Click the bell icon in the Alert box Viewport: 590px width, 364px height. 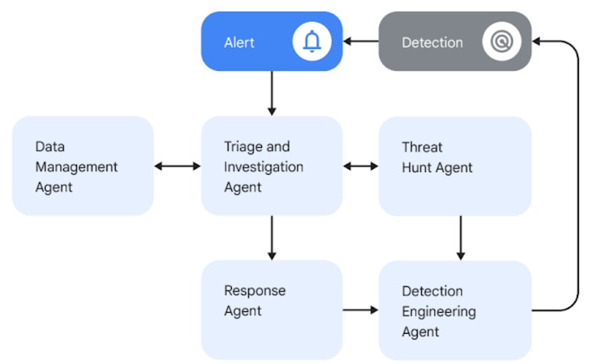312,42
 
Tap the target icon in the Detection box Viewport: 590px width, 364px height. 502,42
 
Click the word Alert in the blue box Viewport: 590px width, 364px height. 239,43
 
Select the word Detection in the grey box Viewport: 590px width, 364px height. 432,43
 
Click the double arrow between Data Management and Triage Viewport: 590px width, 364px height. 177,166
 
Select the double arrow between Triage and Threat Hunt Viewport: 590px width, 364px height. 360,166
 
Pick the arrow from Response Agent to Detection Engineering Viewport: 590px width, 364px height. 360,309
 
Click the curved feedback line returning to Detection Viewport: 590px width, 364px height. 578,175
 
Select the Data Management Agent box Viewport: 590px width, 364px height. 83,166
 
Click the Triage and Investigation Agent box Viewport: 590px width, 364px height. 272,166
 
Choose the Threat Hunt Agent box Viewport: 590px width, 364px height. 455,166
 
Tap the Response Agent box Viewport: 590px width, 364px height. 272,309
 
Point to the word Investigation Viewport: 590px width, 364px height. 263,167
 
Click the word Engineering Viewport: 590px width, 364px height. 438,311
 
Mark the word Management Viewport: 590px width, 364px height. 76,167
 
